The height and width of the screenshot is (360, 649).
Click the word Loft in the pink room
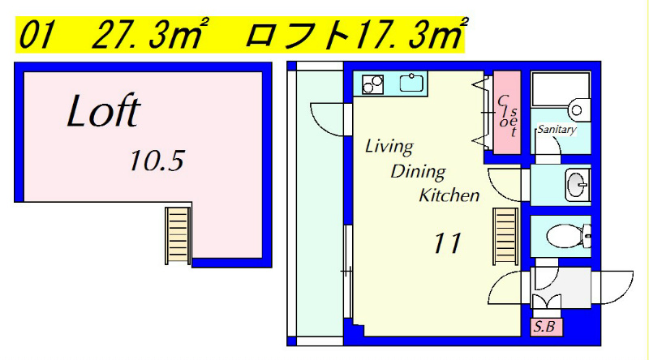104,110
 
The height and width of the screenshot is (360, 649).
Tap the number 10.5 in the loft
157,161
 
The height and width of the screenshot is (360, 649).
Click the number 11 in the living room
447,243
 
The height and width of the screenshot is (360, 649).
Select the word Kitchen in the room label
449,195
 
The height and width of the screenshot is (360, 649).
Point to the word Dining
418,172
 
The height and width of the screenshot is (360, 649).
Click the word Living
389,147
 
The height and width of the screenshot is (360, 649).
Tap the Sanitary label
557,129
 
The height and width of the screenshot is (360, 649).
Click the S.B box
546,327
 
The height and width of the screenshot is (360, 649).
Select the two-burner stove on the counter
372,84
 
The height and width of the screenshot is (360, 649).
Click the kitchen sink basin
410,84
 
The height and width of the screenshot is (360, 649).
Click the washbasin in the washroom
578,185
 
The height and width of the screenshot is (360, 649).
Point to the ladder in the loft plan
178,236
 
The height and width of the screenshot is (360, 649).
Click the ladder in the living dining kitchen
505,236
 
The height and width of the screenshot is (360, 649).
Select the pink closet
506,113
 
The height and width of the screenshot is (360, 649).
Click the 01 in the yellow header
37,35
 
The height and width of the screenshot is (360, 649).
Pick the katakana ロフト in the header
298,35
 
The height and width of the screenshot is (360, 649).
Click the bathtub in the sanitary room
561,90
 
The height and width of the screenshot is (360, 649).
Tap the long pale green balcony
320,203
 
